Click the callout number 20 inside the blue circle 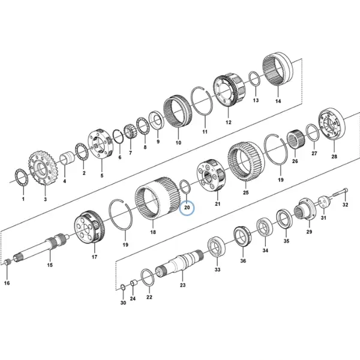[187, 208]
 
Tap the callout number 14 [278, 101]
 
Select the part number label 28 [334, 157]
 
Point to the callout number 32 [346, 205]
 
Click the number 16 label [7, 283]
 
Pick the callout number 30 [123, 303]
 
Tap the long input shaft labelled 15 [41, 247]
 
